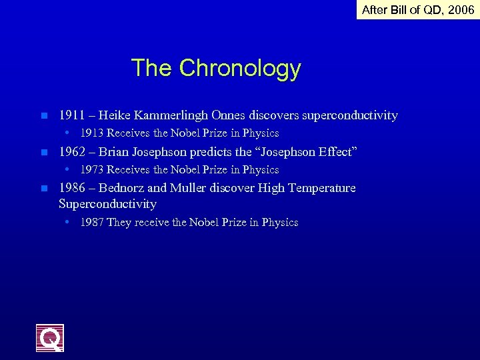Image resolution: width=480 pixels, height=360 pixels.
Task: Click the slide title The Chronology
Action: [216, 68]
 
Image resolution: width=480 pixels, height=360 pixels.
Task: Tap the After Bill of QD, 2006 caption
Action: [418, 9]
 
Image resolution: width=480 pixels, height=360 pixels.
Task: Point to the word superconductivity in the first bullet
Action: [350, 116]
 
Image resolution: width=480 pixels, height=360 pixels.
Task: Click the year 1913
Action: [92, 133]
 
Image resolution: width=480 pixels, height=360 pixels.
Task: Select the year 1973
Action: [92, 169]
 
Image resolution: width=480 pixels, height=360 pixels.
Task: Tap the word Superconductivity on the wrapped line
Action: [107, 204]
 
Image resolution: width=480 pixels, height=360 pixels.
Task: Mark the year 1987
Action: [92, 223]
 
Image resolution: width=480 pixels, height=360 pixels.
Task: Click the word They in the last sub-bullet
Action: [119, 223]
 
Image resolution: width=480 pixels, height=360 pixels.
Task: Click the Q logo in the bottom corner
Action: [50, 338]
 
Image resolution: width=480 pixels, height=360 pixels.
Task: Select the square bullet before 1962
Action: [43, 153]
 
